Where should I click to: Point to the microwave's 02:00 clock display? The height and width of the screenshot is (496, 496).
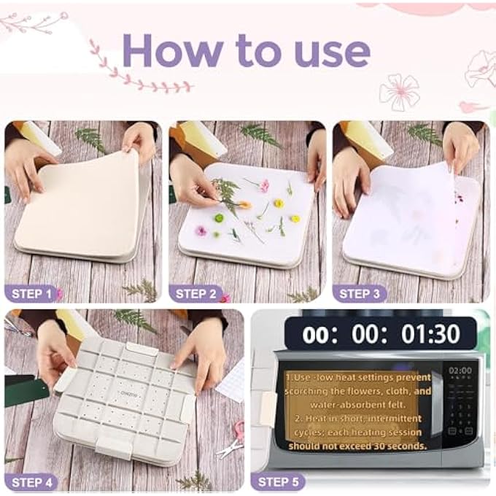point(460,371)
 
